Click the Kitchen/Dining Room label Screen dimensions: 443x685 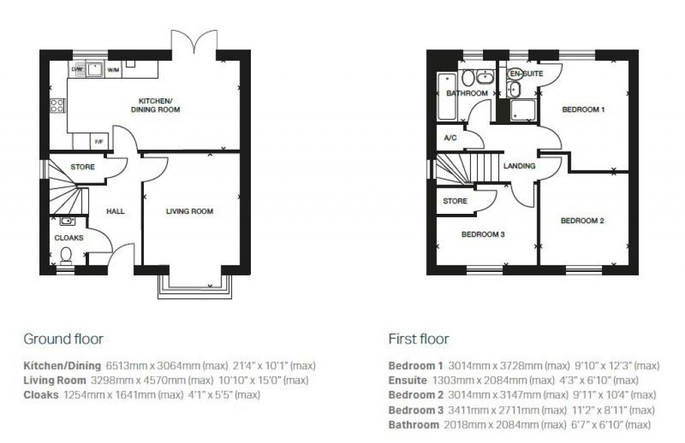pyautogui.click(x=155, y=105)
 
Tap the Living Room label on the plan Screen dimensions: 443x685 pyautogui.click(x=190, y=211)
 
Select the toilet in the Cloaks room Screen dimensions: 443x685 pyautogui.click(x=66, y=255)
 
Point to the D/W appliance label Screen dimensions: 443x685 pyautogui.click(x=76, y=68)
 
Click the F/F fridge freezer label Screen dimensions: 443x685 pyautogui.click(x=99, y=142)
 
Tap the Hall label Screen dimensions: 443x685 pyautogui.click(x=115, y=211)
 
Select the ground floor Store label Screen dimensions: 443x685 pyautogui.click(x=82, y=167)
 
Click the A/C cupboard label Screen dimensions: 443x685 pyautogui.click(x=450, y=138)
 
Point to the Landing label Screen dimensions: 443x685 pyautogui.click(x=519, y=166)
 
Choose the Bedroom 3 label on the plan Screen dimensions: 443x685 pyautogui.click(x=483, y=235)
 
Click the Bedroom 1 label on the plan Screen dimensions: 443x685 pyautogui.click(x=583, y=110)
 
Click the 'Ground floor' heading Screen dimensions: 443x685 pyautogui.click(x=64, y=339)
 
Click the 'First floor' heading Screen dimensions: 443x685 pyautogui.click(x=418, y=339)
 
